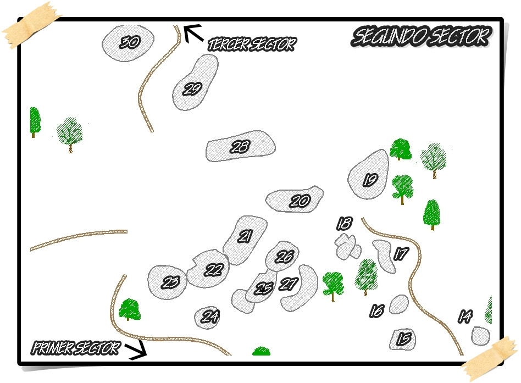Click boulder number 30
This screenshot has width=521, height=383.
point(128,42)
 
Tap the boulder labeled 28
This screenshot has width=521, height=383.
point(240,147)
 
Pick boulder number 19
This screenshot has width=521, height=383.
point(368,175)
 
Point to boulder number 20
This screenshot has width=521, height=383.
point(294,200)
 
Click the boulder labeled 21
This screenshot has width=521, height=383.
point(245,238)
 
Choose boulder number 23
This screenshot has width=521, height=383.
point(167,281)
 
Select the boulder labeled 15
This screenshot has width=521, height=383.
point(403,339)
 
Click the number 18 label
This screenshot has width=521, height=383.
point(345,223)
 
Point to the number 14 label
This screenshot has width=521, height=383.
point(465,317)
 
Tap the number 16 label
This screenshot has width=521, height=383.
point(376,311)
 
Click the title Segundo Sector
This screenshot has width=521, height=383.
point(421,37)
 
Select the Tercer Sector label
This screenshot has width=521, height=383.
point(251,45)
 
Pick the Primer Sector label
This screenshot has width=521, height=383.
point(75,348)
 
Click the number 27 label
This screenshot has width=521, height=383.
point(288,284)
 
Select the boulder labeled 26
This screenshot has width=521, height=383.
point(282,256)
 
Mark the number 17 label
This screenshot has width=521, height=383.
point(402,254)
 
